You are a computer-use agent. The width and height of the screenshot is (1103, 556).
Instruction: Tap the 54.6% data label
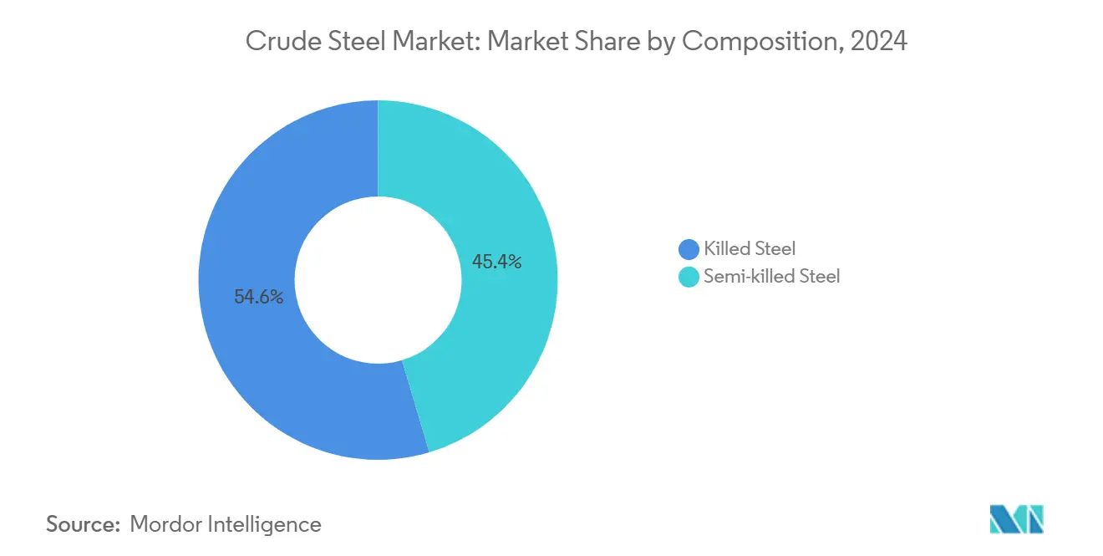pyautogui.click(x=258, y=297)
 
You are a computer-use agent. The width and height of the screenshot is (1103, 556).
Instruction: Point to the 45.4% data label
pyautogui.click(x=496, y=262)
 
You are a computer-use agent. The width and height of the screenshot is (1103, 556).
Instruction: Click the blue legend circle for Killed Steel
pyautogui.click(x=689, y=249)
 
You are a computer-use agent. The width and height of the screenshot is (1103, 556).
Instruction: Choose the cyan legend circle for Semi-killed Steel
pyautogui.click(x=689, y=277)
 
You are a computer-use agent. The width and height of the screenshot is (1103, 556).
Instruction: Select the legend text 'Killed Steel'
pyautogui.click(x=750, y=248)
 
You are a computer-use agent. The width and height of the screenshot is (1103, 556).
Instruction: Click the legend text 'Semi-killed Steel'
pyautogui.click(x=771, y=277)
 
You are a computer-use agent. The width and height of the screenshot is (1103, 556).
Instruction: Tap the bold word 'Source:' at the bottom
pyautogui.click(x=84, y=524)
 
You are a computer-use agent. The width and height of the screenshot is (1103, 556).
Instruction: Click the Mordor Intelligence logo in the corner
pyautogui.click(x=1016, y=518)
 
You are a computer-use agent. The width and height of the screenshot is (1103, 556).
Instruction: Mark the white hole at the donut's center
pyautogui.click(x=378, y=280)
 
